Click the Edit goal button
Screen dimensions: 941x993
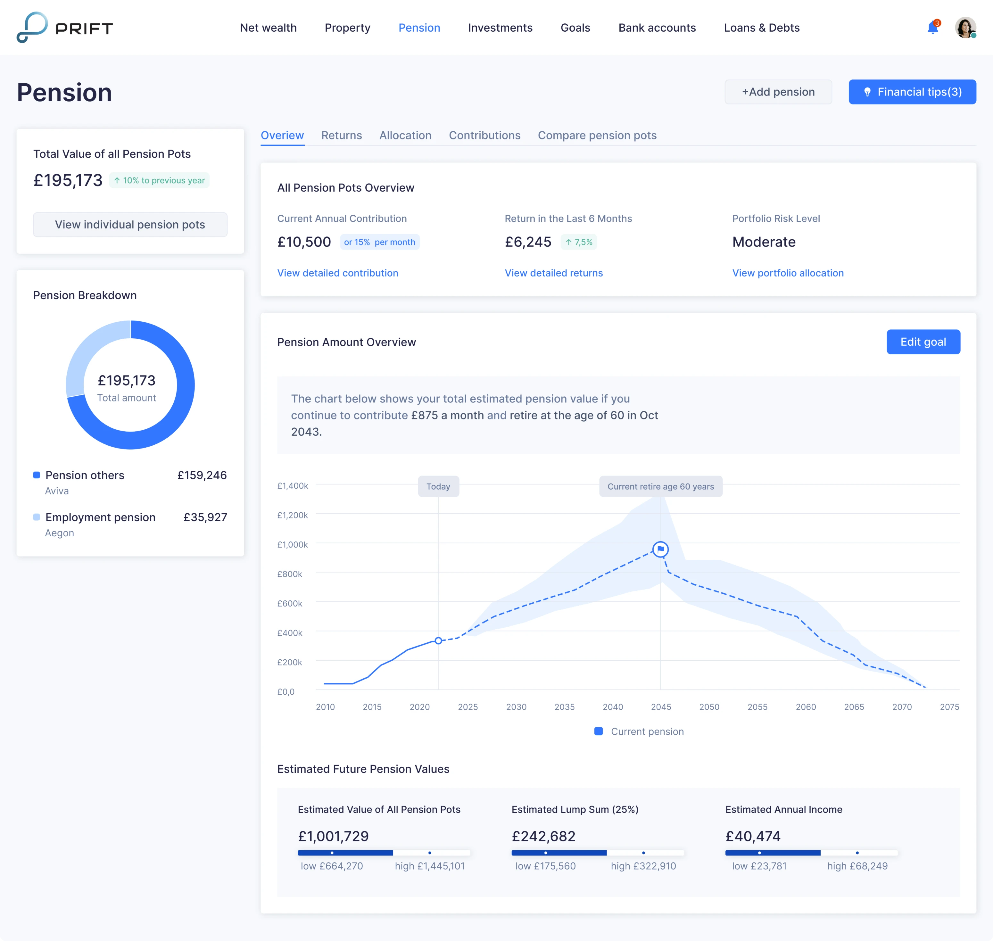tap(923, 342)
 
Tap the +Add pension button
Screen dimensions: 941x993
tap(778, 92)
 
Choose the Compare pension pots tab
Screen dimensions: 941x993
tap(597, 136)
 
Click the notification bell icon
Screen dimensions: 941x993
tap(932, 28)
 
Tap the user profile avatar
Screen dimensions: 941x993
tap(965, 28)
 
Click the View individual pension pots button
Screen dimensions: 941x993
tap(130, 225)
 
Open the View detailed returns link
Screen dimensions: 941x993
tap(554, 273)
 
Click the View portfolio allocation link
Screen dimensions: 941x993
tap(787, 273)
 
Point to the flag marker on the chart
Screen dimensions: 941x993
tap(660, 549)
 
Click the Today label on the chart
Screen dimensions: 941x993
tap(438, 487)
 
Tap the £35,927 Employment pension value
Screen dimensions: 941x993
tap(205, 517)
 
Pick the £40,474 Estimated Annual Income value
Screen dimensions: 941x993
tap(753, 836)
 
